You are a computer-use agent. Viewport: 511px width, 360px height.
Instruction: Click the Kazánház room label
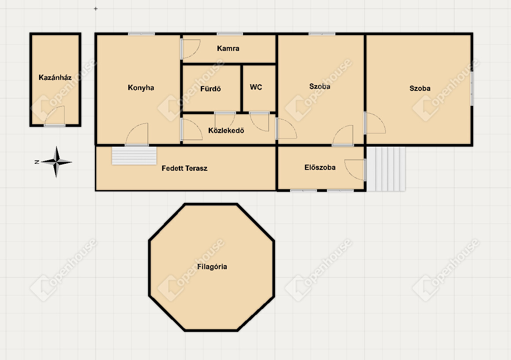pos(55,77)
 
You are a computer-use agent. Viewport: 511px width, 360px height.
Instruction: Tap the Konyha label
pos(141,87)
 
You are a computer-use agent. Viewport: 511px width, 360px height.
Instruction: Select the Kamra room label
pos(228,48)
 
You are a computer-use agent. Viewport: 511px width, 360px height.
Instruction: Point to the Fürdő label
pos(210,89)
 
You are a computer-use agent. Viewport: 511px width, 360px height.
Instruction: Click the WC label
pos(256,87)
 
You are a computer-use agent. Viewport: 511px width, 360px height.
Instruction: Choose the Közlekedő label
pos(226,130)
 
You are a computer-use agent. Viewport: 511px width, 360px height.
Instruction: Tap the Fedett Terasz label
pos(185,168)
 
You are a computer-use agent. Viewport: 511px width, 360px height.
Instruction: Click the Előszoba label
pos(320,167)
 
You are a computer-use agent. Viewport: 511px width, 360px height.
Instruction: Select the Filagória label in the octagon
pos(212,266)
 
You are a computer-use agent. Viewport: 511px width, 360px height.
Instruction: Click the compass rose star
pos(56,162)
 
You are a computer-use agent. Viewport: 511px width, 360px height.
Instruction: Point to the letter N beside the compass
pos(37,162)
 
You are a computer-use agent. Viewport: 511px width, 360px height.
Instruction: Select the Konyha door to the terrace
pos(137,133)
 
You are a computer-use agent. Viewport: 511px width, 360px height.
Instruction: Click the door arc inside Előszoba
pos(355,169)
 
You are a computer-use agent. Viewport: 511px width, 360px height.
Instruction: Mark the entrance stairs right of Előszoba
pos(386,169)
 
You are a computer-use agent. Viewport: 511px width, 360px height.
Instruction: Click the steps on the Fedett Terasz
pos(134,155)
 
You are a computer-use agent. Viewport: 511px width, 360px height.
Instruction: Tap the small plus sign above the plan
pos(95,9)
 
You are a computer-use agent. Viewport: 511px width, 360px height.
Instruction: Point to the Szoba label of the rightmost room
pos(420,88)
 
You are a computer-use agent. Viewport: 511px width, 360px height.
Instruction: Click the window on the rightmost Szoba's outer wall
pos(471,89)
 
